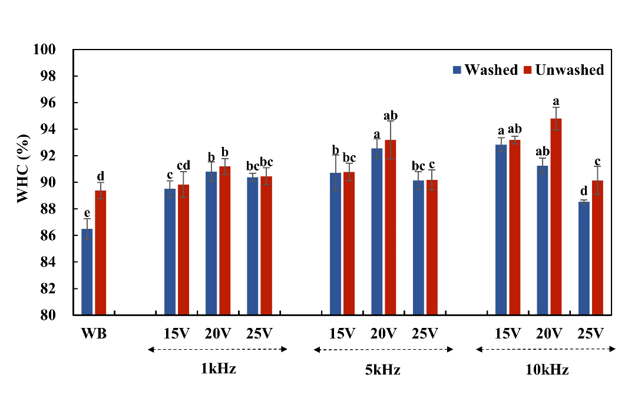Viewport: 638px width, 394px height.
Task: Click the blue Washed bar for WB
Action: point(87,272)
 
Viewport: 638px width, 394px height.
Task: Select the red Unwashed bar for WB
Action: point(101,253)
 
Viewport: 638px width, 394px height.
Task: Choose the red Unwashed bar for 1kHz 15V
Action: point(184,250)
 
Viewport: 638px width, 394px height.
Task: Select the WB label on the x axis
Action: point(93,333)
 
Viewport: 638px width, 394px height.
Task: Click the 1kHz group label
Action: point(218,370)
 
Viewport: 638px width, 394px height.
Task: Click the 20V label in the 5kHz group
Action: point(384,333)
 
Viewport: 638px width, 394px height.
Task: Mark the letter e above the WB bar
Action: point(87,212)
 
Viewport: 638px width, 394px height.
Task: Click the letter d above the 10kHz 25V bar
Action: point(584,191)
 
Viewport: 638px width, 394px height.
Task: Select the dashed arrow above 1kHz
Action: point(217,350)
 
